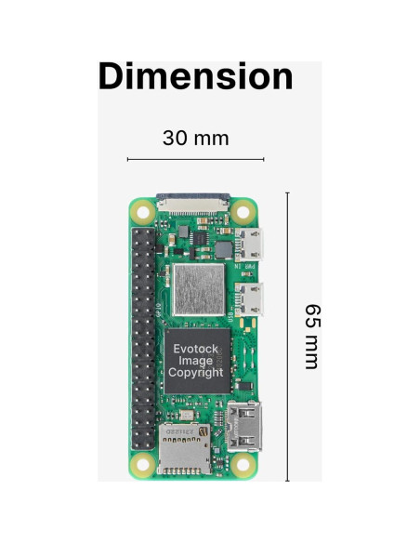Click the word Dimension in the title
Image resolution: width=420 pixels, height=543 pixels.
[x=195, y=76]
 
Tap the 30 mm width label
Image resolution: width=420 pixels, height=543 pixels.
[x=195, y=139]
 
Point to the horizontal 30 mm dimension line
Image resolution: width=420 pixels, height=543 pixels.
[x=195, y=160]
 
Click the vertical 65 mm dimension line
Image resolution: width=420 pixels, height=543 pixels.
[x=287, y=336]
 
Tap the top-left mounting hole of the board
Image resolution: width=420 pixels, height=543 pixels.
[x=142, y=211]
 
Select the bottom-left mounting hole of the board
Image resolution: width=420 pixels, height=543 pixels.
[x=142, y=462]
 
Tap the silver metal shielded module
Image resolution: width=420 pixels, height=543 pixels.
[x=198, y=288]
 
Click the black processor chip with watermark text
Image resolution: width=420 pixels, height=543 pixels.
[x=195, y=360]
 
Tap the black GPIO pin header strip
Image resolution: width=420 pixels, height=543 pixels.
[x=143, y=337]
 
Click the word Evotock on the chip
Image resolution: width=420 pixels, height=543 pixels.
[x=195, y=348]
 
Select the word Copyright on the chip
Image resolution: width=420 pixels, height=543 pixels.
[x=195, y=372]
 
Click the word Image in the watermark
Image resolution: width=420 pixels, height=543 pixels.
[x=195, y=360]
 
